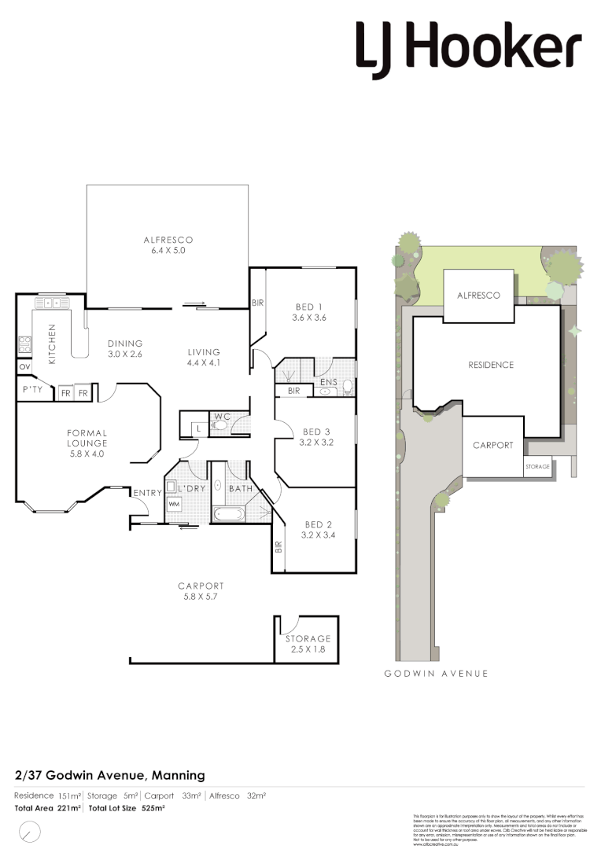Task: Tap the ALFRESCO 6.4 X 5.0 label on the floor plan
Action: (168, 245)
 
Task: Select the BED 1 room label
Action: (310, 312)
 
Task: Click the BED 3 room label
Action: (317, 437)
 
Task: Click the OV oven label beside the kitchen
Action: (24, 367)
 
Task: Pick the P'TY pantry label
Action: (32, 390)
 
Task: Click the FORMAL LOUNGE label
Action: (87, 443)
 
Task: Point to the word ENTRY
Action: (147, 493)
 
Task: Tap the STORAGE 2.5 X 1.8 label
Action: (308, 645)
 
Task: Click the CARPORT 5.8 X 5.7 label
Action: (201, 591)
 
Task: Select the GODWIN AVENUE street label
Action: (436, 674)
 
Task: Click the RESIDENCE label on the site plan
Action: (492, 365)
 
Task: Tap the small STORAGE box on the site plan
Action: (537, 466)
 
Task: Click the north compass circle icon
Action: (30, 830)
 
